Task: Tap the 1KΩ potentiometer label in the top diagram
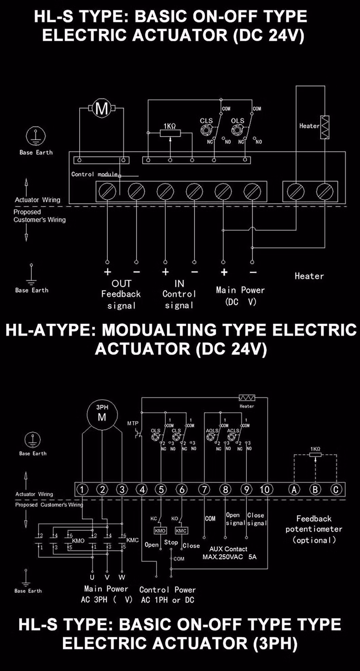(x=170, y=126)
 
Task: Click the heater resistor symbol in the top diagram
(x=325, y=127)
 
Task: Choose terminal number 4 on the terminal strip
(x=142, y=489)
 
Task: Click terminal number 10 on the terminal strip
(x=266, y=489)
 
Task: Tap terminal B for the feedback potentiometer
(x=315, y=489)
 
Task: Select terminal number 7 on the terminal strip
(x=204, y=489)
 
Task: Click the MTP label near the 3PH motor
(x=133, y=423)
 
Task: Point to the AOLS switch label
(x=212, y=430)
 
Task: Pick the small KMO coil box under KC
(x=160, y=530)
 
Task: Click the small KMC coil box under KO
(x=181, y=530)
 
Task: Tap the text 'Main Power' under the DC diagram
(x=240, y=290)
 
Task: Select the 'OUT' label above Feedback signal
(x=121, y=283)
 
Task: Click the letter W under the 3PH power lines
(x=122, y=577)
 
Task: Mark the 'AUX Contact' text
(x=228, y=549)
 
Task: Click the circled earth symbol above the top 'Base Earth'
(x=36, y=136)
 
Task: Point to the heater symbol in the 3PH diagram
(x=247, y=398)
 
